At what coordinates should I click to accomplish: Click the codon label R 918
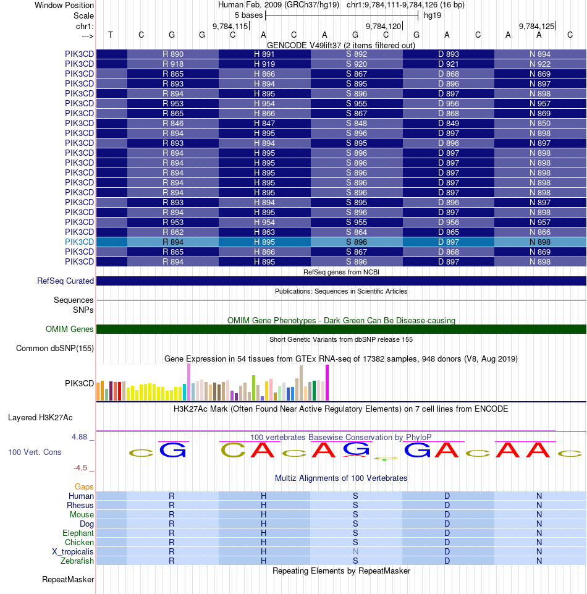(173, 64)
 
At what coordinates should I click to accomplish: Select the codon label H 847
(264, 123)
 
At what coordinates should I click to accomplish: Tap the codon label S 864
(357, 232)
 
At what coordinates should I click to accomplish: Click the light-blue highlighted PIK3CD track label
(79, 242)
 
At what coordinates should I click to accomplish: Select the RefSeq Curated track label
(65, 281)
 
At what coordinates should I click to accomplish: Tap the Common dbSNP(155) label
(55, 349)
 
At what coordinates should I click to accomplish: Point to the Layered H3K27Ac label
(51, 417)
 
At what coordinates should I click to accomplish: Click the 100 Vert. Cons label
(35, 452)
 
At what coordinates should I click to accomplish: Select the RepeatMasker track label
(68, 580)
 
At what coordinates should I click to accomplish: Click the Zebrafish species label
(77, 561)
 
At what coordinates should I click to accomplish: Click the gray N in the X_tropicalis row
(355, 551)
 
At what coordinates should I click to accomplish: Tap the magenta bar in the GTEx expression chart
(327, 383)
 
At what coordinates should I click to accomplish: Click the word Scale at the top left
(83, 15)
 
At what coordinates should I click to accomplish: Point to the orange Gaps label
(84, 487)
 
